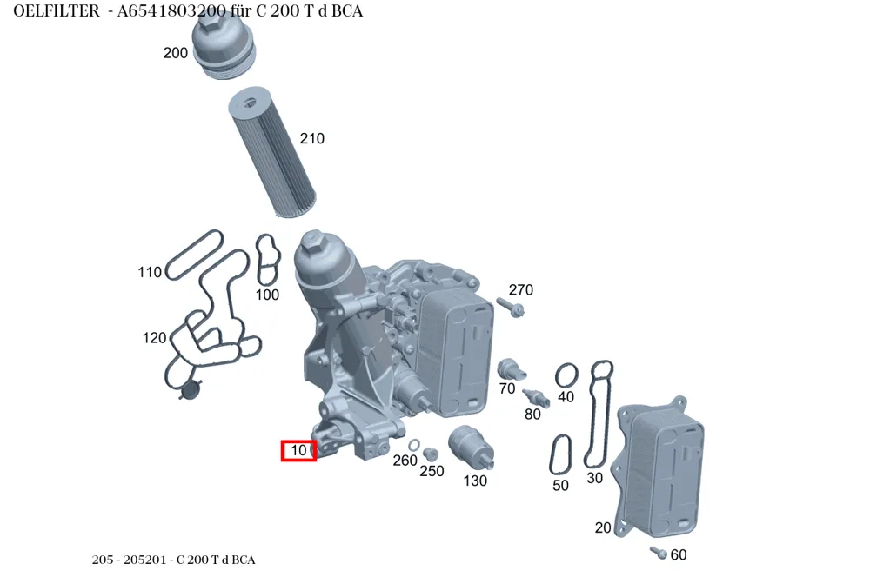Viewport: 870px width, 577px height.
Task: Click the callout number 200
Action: click(176, 53)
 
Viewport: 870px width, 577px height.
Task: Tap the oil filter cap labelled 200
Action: click(224, 45)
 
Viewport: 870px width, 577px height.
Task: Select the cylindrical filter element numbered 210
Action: click(271, 151)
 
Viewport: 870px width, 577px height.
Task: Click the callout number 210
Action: click(311, 138)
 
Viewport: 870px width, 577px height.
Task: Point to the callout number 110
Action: click(150, 272)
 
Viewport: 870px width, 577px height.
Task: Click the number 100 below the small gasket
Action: click(267, 295)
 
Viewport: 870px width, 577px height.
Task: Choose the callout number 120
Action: click(154, 337)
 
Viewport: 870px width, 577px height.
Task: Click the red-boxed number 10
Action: click(298, 451)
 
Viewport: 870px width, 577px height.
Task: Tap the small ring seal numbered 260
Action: click(414, 445)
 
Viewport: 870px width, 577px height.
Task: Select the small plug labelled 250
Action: click(430, 454)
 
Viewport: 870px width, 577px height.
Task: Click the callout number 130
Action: click(475, 481)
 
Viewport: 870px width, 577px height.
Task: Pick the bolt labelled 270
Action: click(511, 307)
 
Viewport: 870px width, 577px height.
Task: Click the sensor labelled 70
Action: click(511, 369)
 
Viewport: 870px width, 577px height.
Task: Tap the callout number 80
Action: click(532, 414)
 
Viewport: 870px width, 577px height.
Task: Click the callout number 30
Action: click(594, 478)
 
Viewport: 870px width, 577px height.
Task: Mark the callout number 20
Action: click(603, 527)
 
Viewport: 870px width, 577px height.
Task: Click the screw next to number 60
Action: click(659, 553)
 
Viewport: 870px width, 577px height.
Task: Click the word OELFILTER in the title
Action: click(57, 11)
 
